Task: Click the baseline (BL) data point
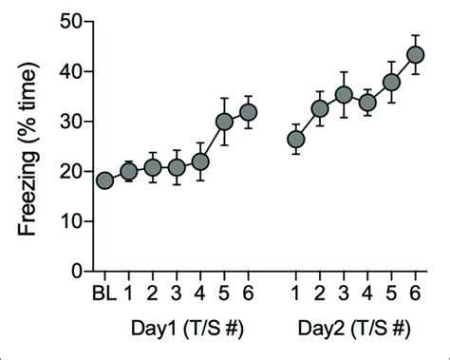tap(104, 180)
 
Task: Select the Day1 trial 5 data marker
tap(224, 122)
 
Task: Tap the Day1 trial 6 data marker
tap(248, 113)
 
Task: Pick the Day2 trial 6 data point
tap(415, 55)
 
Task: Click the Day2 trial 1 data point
tap(296, 140)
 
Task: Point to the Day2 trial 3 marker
tap(344, 95)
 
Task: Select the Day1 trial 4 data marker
tap(200, 161)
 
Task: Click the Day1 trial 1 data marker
tap(129, 171)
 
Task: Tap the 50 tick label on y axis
tap(66, 22)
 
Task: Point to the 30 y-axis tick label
tap(66, 122)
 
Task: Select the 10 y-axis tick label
tap(66, 221)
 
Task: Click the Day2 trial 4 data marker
tap(367, 103)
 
